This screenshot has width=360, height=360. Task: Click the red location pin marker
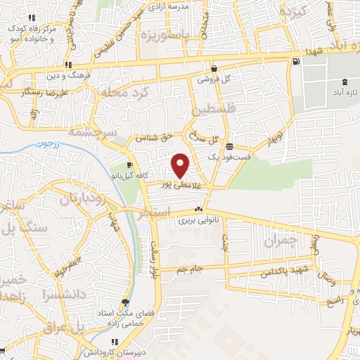click(181, 165)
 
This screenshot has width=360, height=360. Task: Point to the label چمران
click(281, 241)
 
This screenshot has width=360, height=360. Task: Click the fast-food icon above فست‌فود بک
click(230, 146)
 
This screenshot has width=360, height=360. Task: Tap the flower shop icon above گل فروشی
click(213, 70)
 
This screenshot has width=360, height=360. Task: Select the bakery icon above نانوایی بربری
click(198, 209)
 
